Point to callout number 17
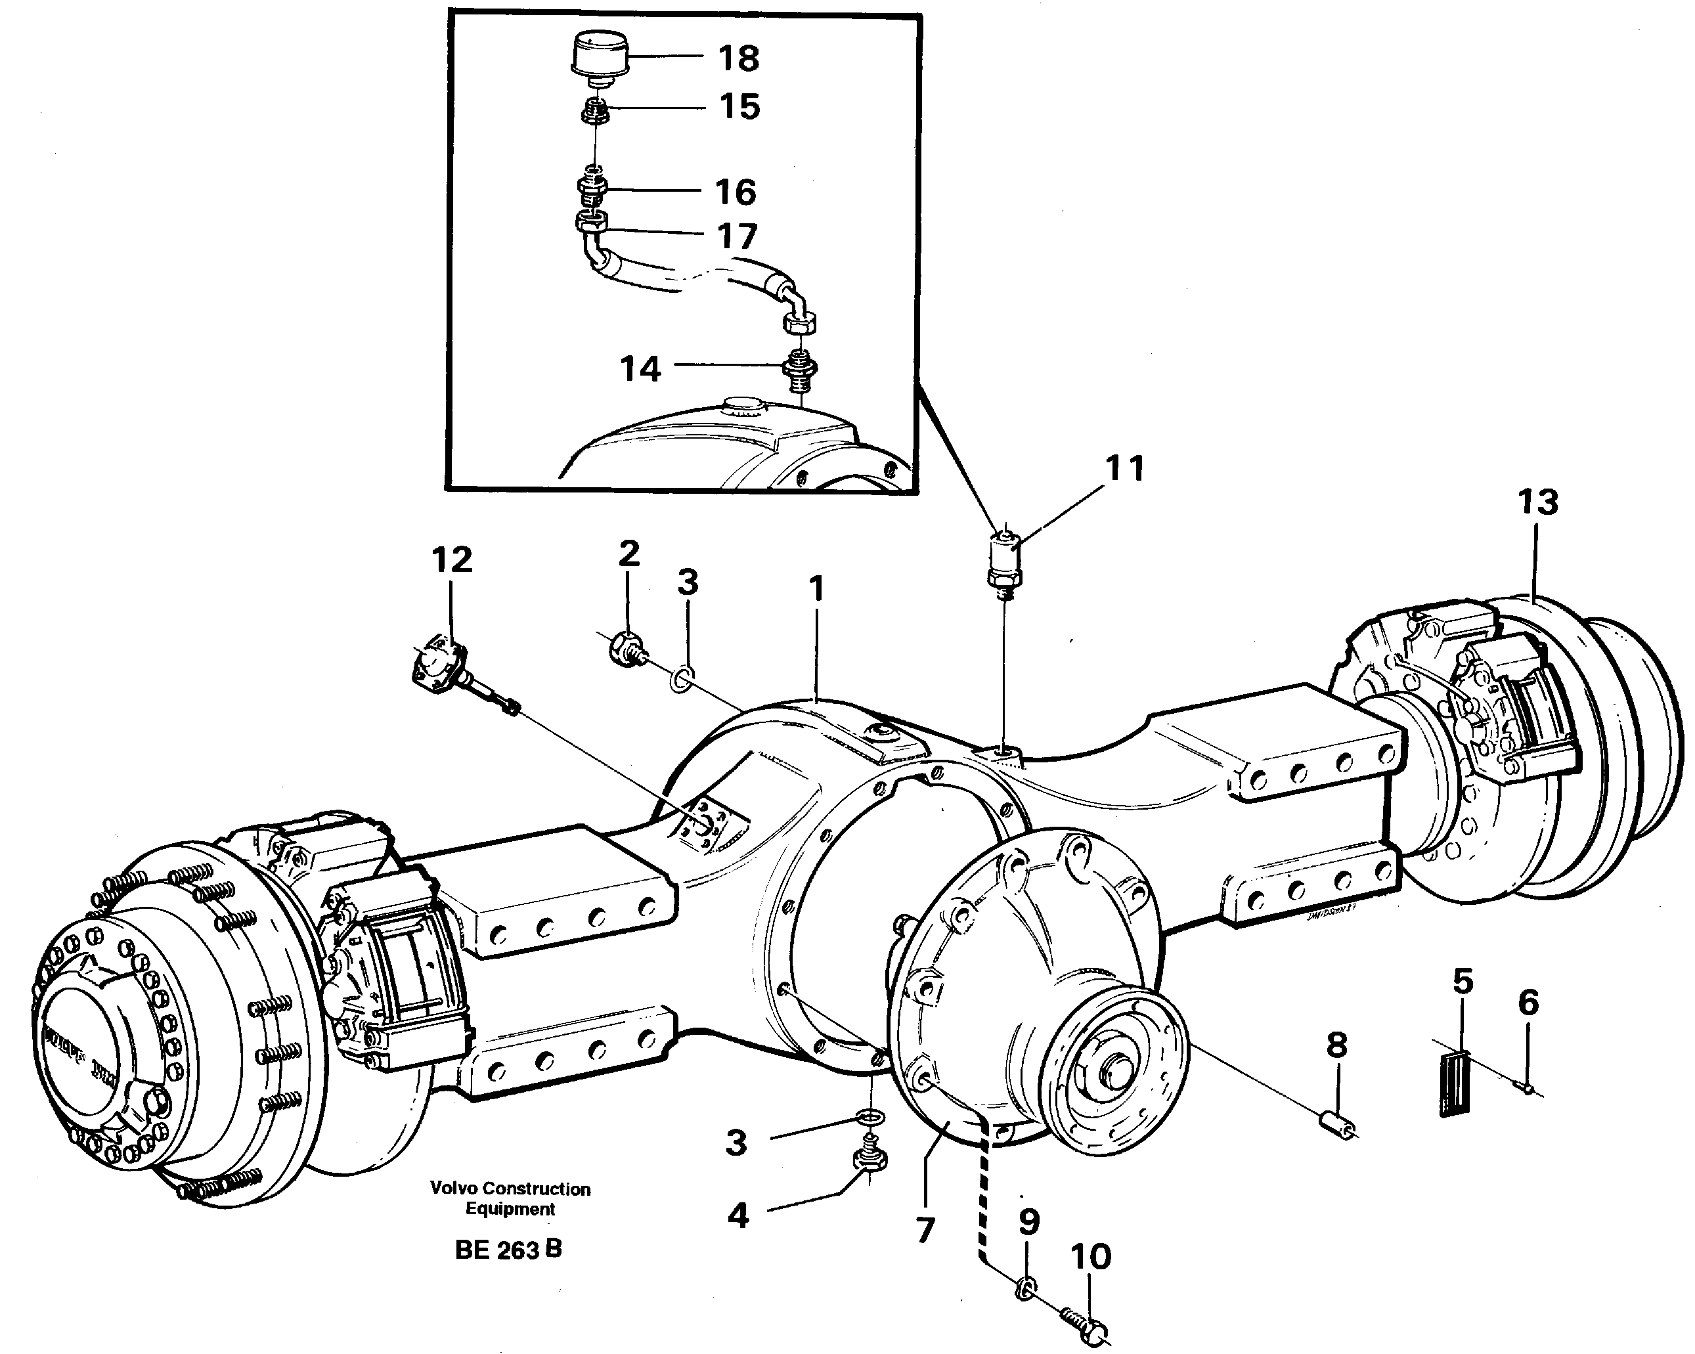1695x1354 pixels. coord(737,236)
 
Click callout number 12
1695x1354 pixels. coord(451,560)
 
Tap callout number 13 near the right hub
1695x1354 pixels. coord(1537,502)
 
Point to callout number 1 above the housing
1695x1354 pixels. coord(817,588)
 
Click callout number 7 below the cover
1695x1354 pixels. coord(925,1230)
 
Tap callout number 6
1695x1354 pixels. coord(1528,1003)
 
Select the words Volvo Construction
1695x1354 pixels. coord(510,1189)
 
